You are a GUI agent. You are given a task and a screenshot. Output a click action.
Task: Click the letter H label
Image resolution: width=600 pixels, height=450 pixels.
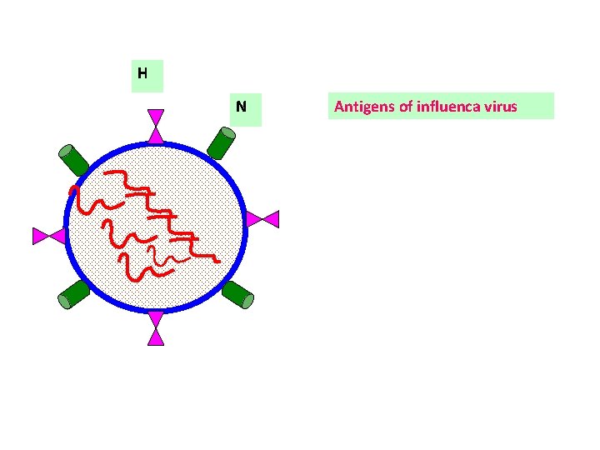click(x=142, y=73)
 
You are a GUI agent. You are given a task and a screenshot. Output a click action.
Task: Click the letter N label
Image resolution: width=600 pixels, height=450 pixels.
click(x=241, y=107)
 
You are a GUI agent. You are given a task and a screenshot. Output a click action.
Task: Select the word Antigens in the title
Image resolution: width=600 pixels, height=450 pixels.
click(x=362, y=106)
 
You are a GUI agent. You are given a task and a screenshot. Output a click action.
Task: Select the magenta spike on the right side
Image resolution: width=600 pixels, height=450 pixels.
click(x=262, y=219)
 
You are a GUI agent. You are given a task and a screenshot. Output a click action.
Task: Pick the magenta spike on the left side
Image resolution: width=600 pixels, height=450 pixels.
click(x=48, y=236)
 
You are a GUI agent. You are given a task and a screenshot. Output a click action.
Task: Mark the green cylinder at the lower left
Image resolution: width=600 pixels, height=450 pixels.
click(x=74, y=295)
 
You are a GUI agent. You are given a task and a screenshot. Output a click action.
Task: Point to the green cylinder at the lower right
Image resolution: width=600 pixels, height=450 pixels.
click(x=238, y=294)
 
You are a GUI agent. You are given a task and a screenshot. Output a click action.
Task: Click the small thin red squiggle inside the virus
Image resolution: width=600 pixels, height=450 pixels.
click(x=151, y=252)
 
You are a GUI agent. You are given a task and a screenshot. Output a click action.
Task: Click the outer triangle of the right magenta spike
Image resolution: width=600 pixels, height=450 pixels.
click(x=271, y=219)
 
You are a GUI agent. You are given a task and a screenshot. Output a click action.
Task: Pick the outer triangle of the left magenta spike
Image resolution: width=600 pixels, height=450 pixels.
click(x=40, y=236)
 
